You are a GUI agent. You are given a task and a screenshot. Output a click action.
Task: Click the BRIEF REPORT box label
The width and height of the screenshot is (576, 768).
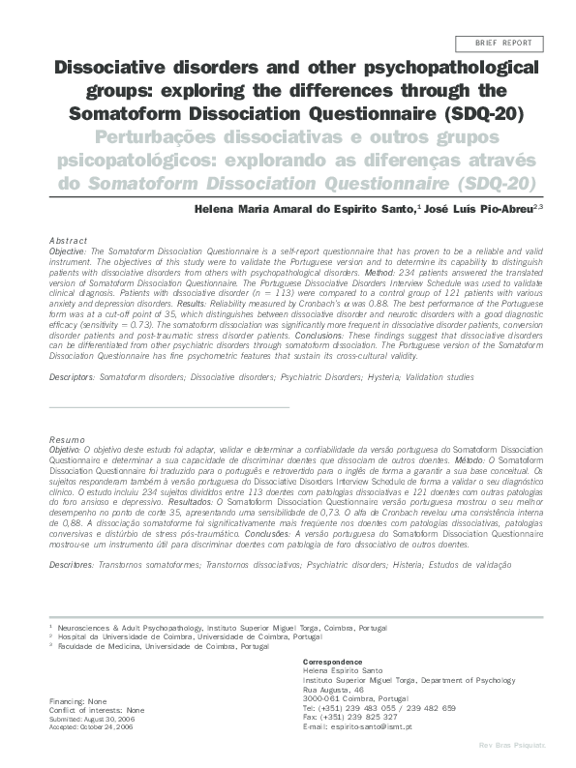pos(502,44)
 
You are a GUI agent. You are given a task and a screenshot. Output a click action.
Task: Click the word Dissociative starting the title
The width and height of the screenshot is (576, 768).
pos(109,71)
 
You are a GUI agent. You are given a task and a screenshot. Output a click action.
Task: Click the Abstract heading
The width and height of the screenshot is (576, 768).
pos(67,240)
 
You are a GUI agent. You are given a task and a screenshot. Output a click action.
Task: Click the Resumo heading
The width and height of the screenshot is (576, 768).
pos(66,440)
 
